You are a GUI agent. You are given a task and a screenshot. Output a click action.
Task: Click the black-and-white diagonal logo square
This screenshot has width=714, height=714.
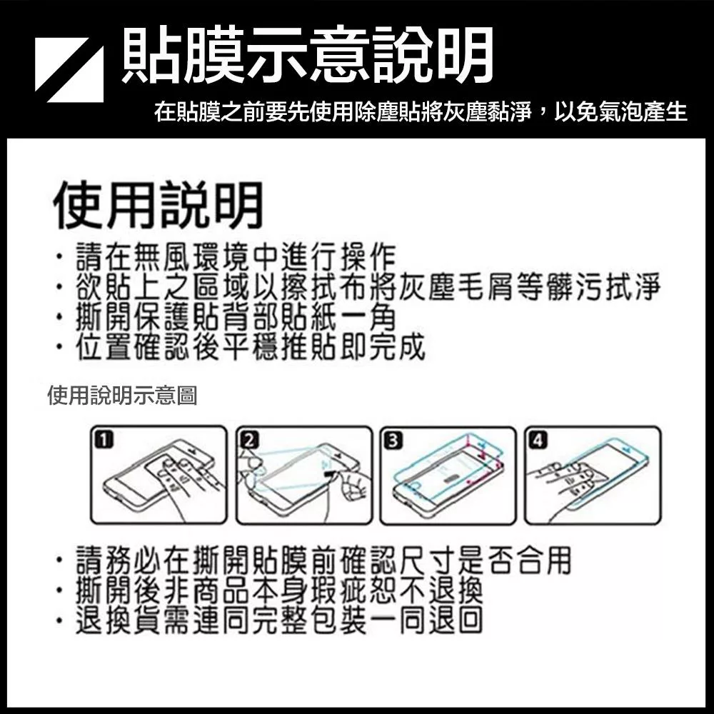click(69, 70)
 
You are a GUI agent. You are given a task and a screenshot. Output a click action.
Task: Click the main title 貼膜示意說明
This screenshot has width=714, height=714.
click(308, 56)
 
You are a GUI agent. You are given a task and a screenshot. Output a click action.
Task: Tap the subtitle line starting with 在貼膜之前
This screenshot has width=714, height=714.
click(421, 112)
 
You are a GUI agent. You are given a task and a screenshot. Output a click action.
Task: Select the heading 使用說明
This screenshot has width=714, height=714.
click(158, 205)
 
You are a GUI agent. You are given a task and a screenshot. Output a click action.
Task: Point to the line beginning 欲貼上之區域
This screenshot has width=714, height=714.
click(368, 287)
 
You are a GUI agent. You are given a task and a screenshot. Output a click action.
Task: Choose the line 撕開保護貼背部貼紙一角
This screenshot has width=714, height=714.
click(236, 316)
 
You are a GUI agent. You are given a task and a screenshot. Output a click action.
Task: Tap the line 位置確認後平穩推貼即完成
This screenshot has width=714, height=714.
click(251, 346)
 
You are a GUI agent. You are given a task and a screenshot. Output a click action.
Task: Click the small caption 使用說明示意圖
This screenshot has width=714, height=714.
click(122, 396)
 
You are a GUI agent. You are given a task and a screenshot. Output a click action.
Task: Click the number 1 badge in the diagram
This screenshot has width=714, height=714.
click(104, 440)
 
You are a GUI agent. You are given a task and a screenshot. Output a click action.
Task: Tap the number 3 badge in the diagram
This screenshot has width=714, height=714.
click(394, 441)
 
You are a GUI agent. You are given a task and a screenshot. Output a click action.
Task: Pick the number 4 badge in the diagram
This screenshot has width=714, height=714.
click(538, 441)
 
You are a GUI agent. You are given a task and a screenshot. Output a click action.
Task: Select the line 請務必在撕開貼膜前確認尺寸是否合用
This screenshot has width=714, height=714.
click(323, 560)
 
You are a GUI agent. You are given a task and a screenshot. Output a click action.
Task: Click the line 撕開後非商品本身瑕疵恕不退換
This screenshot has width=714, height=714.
click(280, 590)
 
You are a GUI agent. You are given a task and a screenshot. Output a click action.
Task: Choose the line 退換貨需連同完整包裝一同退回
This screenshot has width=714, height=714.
click(280, 620)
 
